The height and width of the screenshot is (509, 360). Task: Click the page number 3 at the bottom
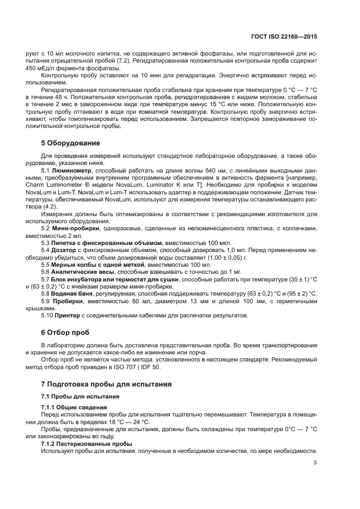[x=315, y=463]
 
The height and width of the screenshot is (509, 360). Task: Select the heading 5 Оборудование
[x=71, y=143]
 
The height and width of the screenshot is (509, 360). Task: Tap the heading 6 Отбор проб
[x=65, y=332]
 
